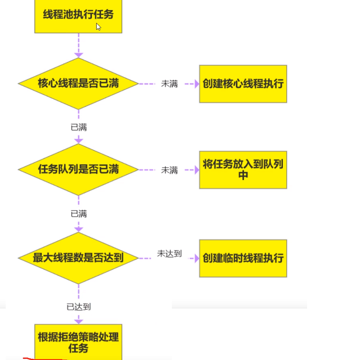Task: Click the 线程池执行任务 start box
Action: click(x=78, y=15)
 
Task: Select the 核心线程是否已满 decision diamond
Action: click(x=78, y=84)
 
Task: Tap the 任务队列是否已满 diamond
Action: click(x=78, y=169)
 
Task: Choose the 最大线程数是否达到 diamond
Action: click(x=78, y=258)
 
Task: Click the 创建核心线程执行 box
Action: click(x=242, y=84)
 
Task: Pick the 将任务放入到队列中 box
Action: click(x=242, y=169)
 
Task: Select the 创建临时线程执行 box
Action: click(x=242, y=258)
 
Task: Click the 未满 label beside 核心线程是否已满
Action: click(x=169, y=84)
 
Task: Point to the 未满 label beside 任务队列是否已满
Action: click(x=169, y=170)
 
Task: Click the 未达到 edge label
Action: click(x=169, y=254)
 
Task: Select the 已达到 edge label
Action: click(x=78, y=307)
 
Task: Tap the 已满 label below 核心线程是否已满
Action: click(x=78, y=127)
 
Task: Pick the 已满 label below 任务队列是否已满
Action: click(x=78, y=214)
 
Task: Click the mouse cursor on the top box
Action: click(x=98, y=26)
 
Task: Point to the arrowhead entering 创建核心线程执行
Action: click(x=195, y=84)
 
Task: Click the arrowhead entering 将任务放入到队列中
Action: click(x=195, y=170)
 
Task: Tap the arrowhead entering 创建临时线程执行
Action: click(x=195, y=258)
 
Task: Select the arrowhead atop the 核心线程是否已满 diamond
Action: click(x=78, y=55)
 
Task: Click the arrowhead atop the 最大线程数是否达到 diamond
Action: click(x=78, y=228)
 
